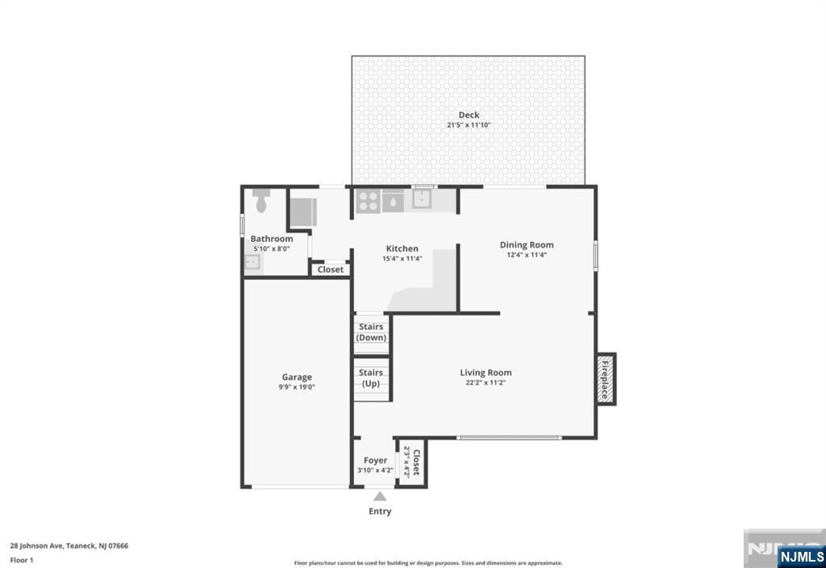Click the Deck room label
pos(469,115)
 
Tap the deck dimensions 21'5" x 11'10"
pos(469,125)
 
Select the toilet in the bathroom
pos(261,200)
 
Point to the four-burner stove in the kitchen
pos(368,201)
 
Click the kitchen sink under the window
pos(422,198)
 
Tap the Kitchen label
pos(402,248)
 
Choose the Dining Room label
pos(527,244)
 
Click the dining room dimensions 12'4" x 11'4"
pos(527,255)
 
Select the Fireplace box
pos(606,379)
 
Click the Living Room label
pos(486,373)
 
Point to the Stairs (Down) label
pos(371,332)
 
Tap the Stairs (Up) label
pos(371,378)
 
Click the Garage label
pos(297,377)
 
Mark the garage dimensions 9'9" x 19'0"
pos(297,387)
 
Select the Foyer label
pos(375,461)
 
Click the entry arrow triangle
pos(380,496)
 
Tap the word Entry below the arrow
pos(380,511)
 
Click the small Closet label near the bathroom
pos(330,269)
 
